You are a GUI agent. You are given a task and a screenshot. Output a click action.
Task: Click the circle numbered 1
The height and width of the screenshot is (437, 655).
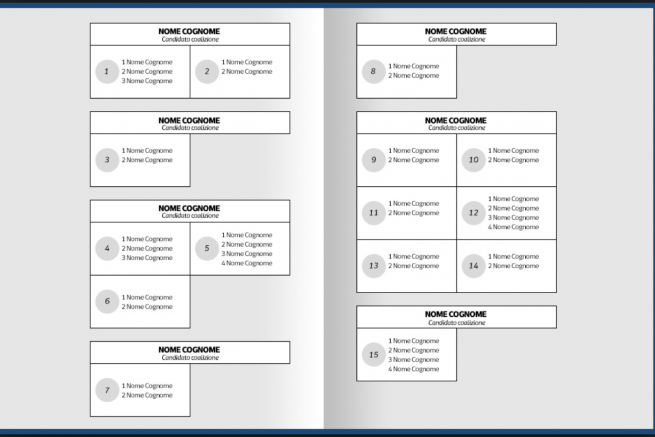[107, 72]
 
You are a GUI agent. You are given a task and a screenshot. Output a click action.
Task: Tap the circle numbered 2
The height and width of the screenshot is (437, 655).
[207, 72]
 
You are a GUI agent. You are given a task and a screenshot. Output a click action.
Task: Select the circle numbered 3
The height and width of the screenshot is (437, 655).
[107, 160]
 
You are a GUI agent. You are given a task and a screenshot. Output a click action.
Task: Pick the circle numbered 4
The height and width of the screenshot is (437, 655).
[107, 249]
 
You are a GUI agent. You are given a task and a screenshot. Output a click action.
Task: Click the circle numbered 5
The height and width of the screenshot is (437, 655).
[207, 249]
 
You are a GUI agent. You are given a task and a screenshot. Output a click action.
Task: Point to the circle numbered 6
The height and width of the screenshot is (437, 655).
[107, 302]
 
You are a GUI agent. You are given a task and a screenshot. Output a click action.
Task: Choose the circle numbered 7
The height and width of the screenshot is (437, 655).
[107, 390]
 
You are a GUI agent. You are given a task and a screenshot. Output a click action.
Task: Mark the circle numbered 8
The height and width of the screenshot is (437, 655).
[373, 72]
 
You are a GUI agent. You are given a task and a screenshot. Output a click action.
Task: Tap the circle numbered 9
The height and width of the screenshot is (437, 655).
[373, 160]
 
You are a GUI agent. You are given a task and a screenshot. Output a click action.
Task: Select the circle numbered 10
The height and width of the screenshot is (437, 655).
[473, 160]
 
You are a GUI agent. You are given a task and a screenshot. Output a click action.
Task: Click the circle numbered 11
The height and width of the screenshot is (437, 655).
[373, 213]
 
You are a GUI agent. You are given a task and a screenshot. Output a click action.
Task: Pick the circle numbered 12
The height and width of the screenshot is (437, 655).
[473, 213]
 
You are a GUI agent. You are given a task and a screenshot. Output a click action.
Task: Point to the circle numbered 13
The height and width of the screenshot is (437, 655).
[373, 266]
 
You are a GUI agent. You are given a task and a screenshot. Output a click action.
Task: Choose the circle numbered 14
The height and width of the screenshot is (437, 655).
[473, 266]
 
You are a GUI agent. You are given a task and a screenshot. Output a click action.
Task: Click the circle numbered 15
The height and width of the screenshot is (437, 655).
[373, 355]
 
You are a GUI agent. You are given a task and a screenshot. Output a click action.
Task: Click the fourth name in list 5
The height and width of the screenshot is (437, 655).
[249, 263]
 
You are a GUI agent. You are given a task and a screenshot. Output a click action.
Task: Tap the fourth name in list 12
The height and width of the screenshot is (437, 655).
[515, 227]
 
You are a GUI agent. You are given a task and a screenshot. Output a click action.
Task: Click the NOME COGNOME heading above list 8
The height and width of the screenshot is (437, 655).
[456, 31]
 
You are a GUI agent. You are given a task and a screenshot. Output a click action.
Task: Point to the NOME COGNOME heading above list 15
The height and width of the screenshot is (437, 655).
[456, 314]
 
